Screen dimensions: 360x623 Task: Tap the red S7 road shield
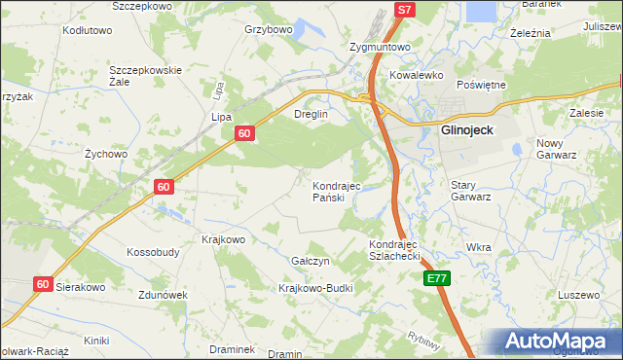point(405,10)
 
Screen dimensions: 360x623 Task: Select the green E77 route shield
point(438,278)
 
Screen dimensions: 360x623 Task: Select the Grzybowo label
point(269,29)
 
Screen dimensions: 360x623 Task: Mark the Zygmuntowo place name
point(380,46)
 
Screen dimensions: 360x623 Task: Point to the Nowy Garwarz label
point(557,149)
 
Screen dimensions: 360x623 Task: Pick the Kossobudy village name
point(153,252)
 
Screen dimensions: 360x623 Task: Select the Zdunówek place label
point(162,295)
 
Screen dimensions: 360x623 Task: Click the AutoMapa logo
point(560,342)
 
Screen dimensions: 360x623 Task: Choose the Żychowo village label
point(106,154)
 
